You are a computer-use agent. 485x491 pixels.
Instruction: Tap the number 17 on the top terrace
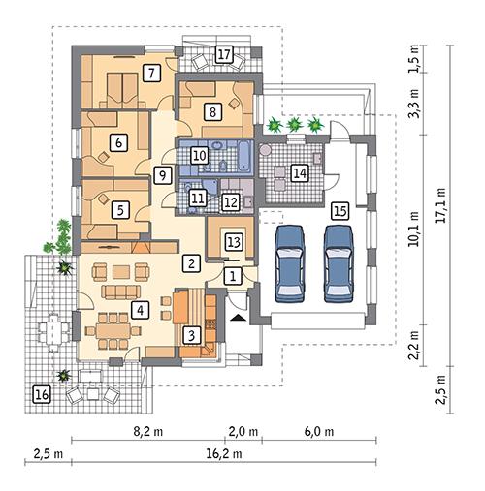[x=224, y=54]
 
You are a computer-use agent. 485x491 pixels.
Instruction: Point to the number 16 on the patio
[x=41, y=393]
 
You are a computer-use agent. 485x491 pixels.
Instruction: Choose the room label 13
[x=233, y=240]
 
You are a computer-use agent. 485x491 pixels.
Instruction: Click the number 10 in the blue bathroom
[x=199, y=154]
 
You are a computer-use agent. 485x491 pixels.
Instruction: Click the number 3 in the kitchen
[x=192, y=335]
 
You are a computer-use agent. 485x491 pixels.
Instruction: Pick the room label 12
[x=231, y=201]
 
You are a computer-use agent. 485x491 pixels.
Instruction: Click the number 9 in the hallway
[x=162, y=174]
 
